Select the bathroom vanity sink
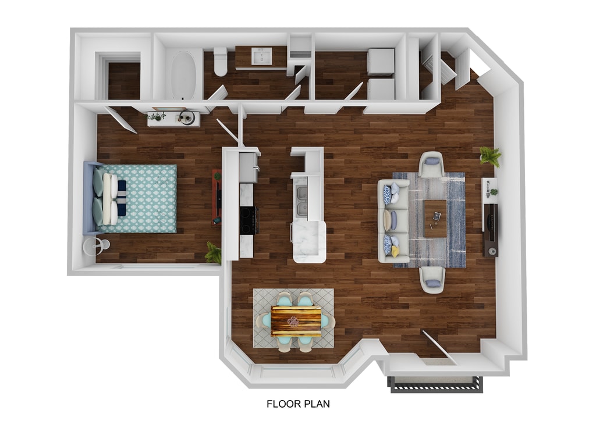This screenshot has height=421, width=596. point(261,56)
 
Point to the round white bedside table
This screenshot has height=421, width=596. point(95,246)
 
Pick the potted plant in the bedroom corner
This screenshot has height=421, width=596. point(214,253)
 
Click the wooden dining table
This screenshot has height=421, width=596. point(296,321)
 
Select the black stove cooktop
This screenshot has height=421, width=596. point(248,220)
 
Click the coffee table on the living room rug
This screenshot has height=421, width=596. point(435,218)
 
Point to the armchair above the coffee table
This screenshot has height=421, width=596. point(431,165)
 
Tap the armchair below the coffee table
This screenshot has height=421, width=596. point(432,279)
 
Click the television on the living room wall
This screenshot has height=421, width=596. point(491,229)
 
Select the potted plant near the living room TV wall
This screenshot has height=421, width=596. point(490,155)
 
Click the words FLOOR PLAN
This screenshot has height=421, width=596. point(298,403)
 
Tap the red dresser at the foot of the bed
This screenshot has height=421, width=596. point(217,197)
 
